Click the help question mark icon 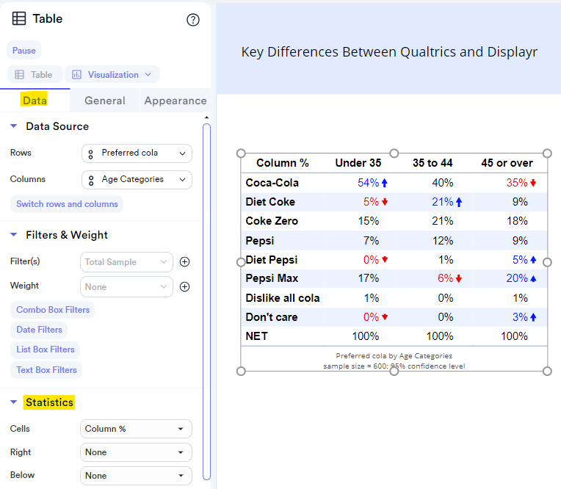(x=193, y=20)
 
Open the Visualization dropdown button (x=112, y=75)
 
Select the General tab (x=104, y=101)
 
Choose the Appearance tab (x=175, y=101)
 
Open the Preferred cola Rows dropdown (x=137, y=153)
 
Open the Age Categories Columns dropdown (x=137, y=179)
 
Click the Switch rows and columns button (x=67, y=204)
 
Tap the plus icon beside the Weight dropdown (x=185, y=287)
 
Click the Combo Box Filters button (x=53, y=310)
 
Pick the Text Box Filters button (x=46, y=370)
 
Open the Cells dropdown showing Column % (x=136, y=429)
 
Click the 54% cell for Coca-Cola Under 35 (x=368, y=183)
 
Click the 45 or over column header (x=507, y=163)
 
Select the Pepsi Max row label (x=272, y=278)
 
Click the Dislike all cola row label (x=283, y=298)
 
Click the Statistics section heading (x=49, y=402)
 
